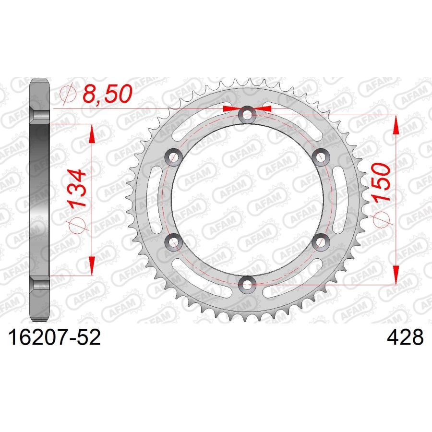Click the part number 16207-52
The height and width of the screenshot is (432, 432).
(55, 337)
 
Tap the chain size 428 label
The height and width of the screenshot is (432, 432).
(405, 337)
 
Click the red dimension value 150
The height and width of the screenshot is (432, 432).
(381, 182)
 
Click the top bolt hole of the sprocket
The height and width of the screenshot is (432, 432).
(247, 114)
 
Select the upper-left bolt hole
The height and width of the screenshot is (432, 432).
(173, 157)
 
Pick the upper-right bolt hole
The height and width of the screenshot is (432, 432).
(321, 157)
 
